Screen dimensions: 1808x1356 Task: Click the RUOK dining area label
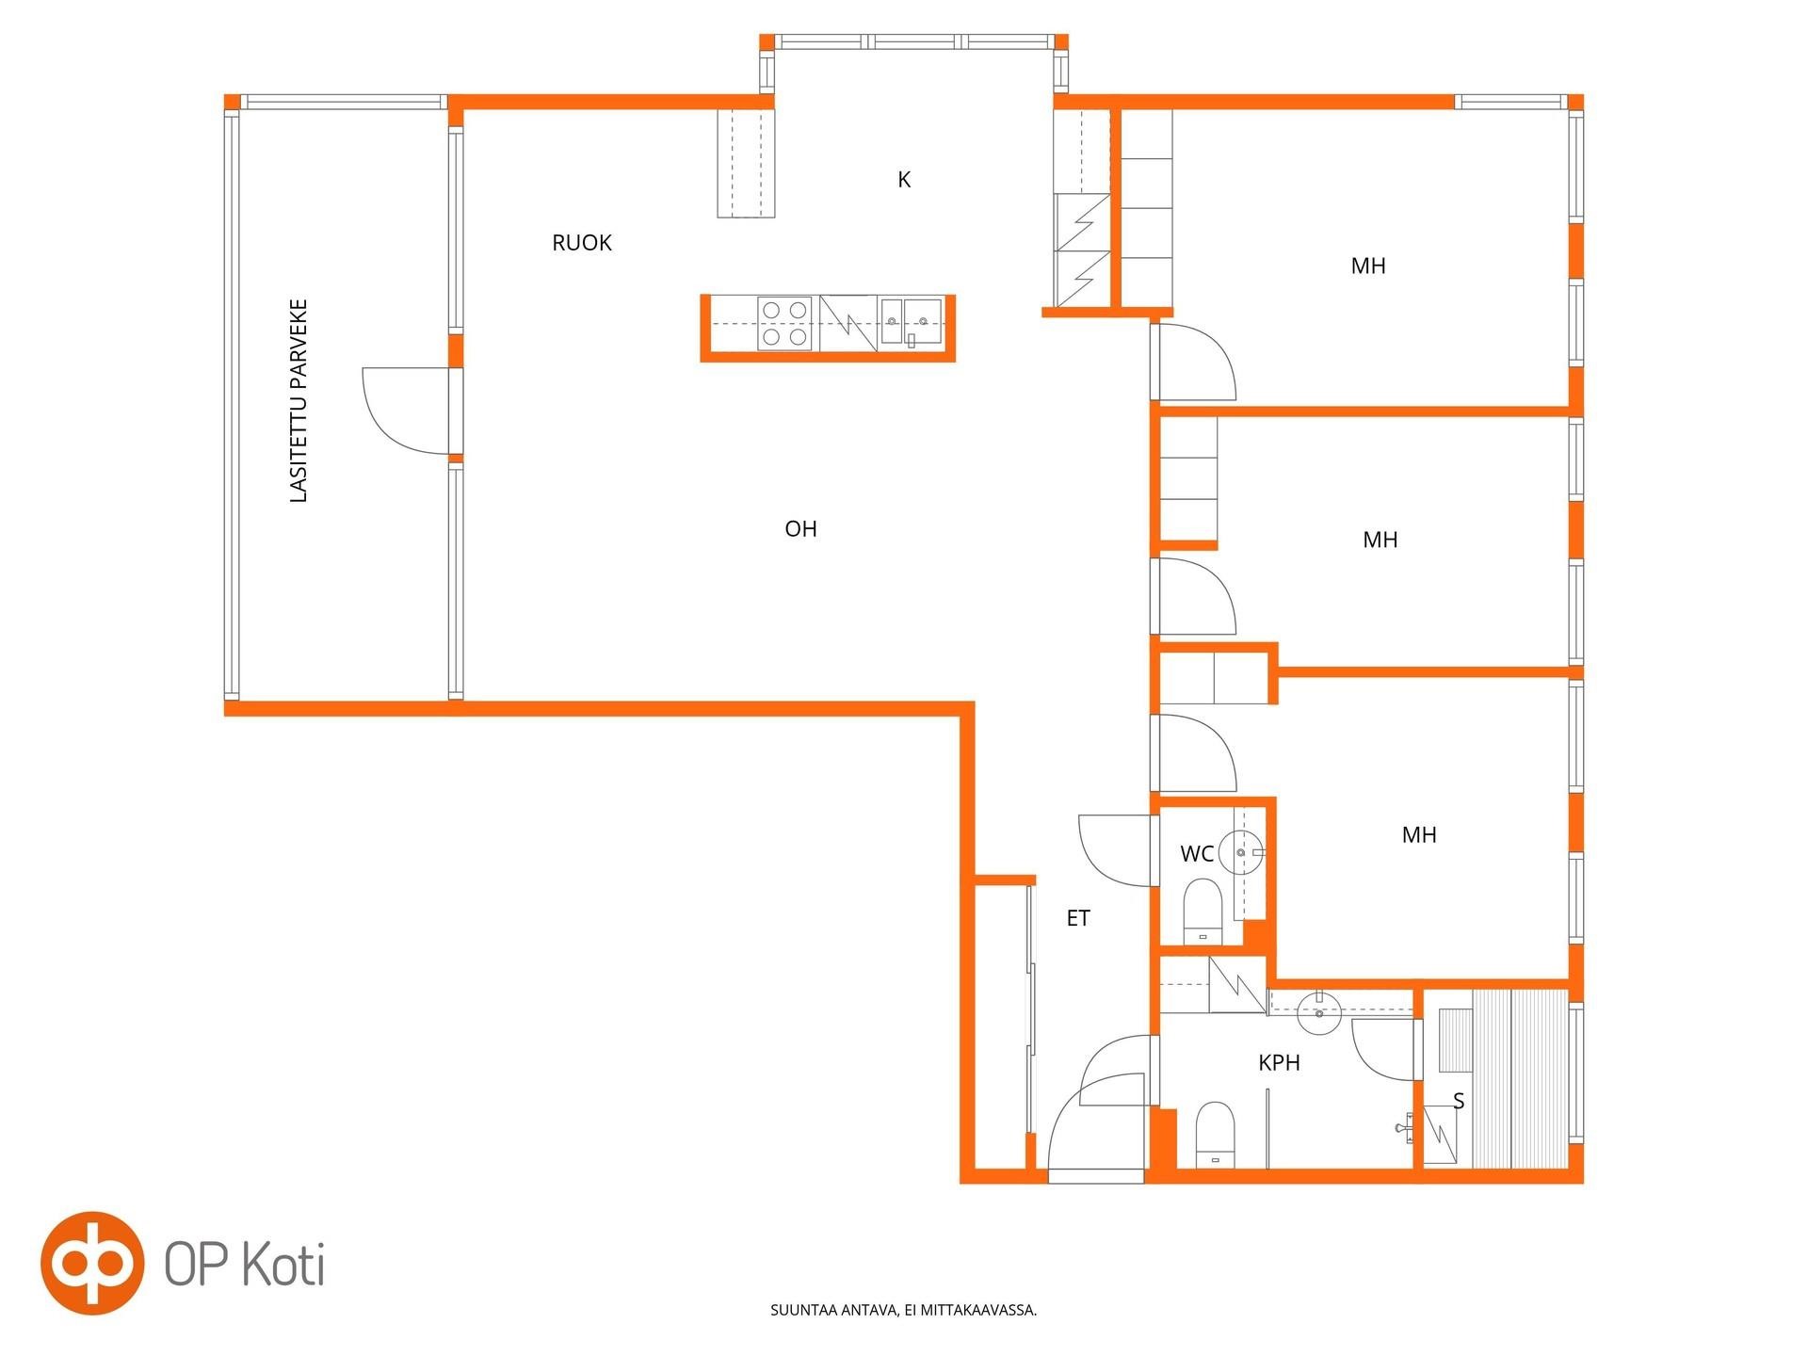tap(582, 243)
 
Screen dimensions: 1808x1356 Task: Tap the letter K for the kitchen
tap(904, 180)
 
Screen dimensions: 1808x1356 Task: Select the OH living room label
tap(800, 529)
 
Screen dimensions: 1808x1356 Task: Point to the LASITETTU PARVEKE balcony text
tap(299, 401)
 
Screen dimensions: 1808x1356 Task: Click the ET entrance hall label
tap(1078, 918)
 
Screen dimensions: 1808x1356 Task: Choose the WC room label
tap(1197, 854)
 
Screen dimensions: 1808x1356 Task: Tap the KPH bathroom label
tap(1279, 1063)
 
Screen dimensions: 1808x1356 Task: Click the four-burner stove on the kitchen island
tap(784, 323)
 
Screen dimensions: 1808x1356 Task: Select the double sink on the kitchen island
tap(911, 323)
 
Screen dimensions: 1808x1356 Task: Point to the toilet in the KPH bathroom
tap(1215, 1135)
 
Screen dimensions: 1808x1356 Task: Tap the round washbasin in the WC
tap(1241, 852)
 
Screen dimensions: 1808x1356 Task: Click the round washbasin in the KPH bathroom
tap(1319, 1013)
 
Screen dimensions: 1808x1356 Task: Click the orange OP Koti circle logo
tap(92, 1263)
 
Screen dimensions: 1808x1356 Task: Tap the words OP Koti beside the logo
tap(245, 1264)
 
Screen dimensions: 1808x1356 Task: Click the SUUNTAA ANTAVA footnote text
tap(904, 1310)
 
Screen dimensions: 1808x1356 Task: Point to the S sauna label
tap(1459, 1101)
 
